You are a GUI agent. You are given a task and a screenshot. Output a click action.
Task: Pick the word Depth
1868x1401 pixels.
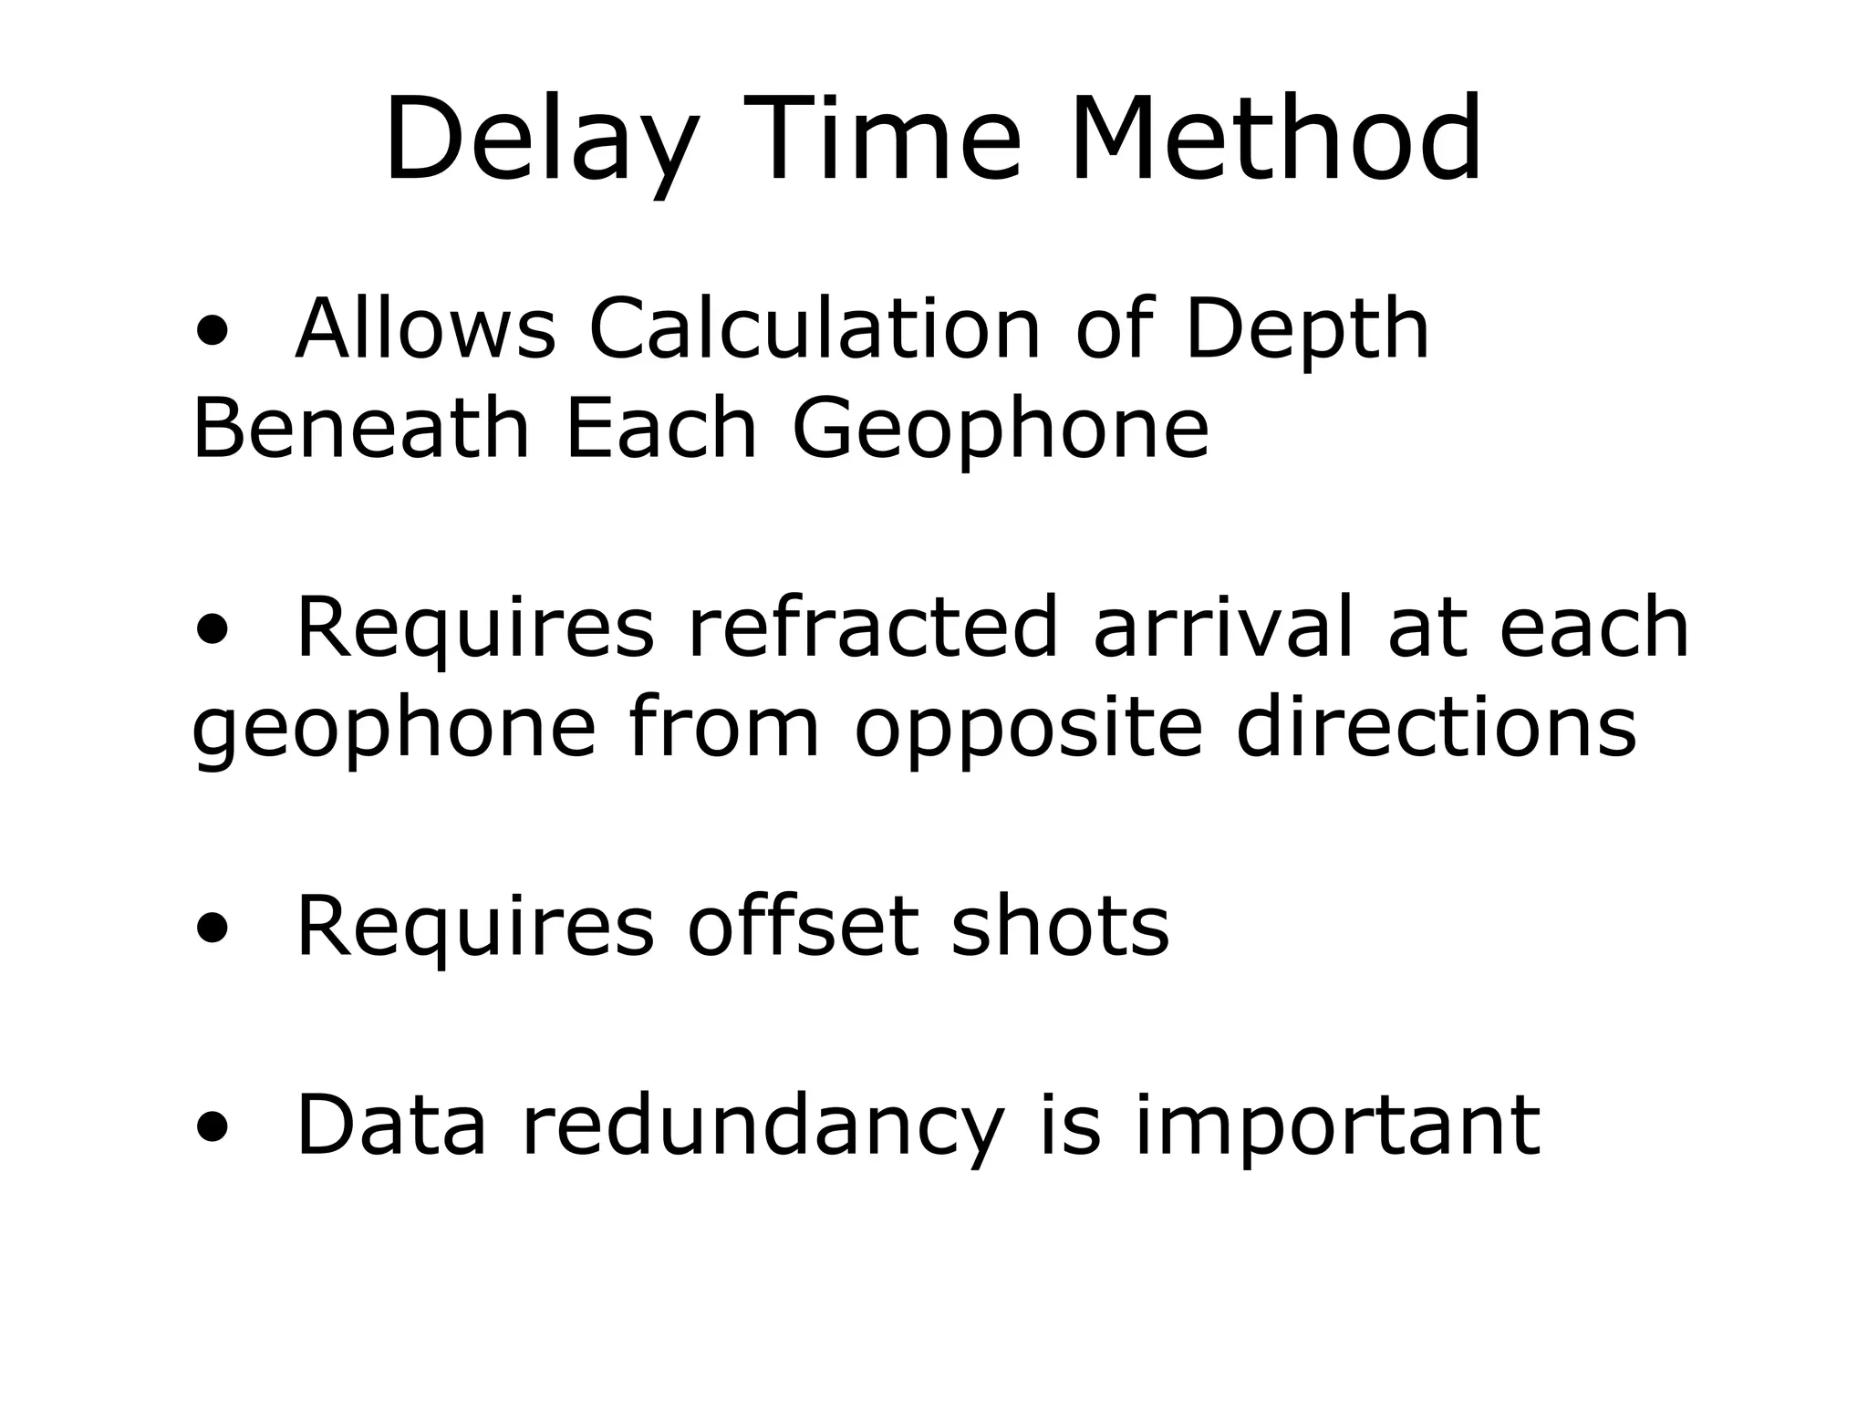coord(1306,330)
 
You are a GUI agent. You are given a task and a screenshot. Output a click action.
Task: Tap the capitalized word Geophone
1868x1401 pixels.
coord(1001,430)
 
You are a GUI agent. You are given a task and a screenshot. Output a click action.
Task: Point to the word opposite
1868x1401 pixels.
coord(1028,729)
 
